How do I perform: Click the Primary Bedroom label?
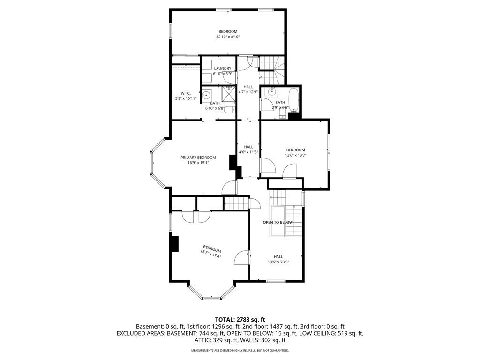click(x=198, y=157)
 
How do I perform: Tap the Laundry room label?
click(x=223, y=68)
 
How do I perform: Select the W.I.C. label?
click(x=186, y=93)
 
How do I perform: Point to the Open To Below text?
click(x=277, y=222)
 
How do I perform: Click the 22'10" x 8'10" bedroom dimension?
click(x=228, y=37)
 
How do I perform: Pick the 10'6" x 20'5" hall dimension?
click(x=278, y=262)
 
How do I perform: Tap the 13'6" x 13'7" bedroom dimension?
click(x=296, y=155)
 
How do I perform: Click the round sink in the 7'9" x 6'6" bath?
click(x=272, y=91)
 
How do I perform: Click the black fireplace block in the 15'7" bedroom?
click(x=175, y=244)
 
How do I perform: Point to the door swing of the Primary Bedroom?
click(x=229, y=187)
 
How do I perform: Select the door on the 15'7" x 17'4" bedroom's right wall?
click(x=242, y=258)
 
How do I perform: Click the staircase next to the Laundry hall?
click(x=272, y=70)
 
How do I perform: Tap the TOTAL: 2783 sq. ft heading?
click(x=240, y=320)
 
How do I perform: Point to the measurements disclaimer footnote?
click(x=240, y=350)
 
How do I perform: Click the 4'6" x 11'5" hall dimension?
click(x=248, y=152)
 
